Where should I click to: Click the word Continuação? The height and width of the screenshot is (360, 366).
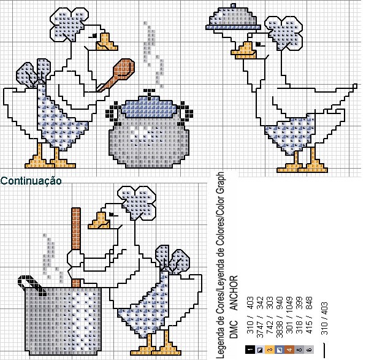[31, 181]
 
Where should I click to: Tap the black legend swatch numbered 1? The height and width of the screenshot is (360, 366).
[250, 350]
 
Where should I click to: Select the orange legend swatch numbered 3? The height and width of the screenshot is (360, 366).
[270, 350]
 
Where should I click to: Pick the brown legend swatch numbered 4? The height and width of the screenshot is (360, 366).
[289, 350]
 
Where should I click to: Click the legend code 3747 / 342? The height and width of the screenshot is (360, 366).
[260, 317]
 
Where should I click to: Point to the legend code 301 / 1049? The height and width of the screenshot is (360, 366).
[289, 317]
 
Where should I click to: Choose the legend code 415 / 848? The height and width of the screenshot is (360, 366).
[309, 317]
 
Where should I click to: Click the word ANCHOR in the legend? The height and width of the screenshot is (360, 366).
[234, 293]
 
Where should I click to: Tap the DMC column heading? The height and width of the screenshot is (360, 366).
[234, 329]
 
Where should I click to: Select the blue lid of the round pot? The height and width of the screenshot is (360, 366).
[150, 106]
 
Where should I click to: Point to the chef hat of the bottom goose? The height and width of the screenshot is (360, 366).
[138, 202]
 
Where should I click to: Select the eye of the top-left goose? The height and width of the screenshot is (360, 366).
[94, 36]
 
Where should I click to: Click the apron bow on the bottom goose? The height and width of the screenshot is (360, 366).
[172, 259]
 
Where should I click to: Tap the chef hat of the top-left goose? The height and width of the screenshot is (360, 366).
[69, 25]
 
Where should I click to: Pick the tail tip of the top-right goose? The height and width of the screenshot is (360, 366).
[355, 86]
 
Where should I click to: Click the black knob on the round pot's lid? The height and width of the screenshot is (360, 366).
[150, 91]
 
